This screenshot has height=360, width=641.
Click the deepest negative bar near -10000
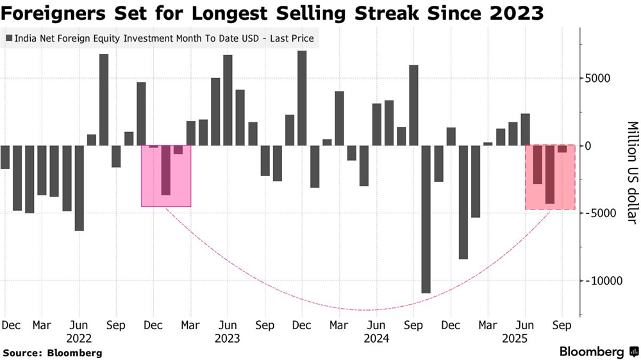coord(426,219)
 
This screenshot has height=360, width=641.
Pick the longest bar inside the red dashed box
coord(549,174)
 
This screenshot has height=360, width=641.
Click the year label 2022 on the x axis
coord(79,338)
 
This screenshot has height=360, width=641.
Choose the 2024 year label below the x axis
coord(376,338)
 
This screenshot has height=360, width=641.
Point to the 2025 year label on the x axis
coord(526,338)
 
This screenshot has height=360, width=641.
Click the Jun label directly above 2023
coord(228,325)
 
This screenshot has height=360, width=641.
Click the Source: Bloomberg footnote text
coord(53,352)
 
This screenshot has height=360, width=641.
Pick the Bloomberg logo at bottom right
coord(597,352)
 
